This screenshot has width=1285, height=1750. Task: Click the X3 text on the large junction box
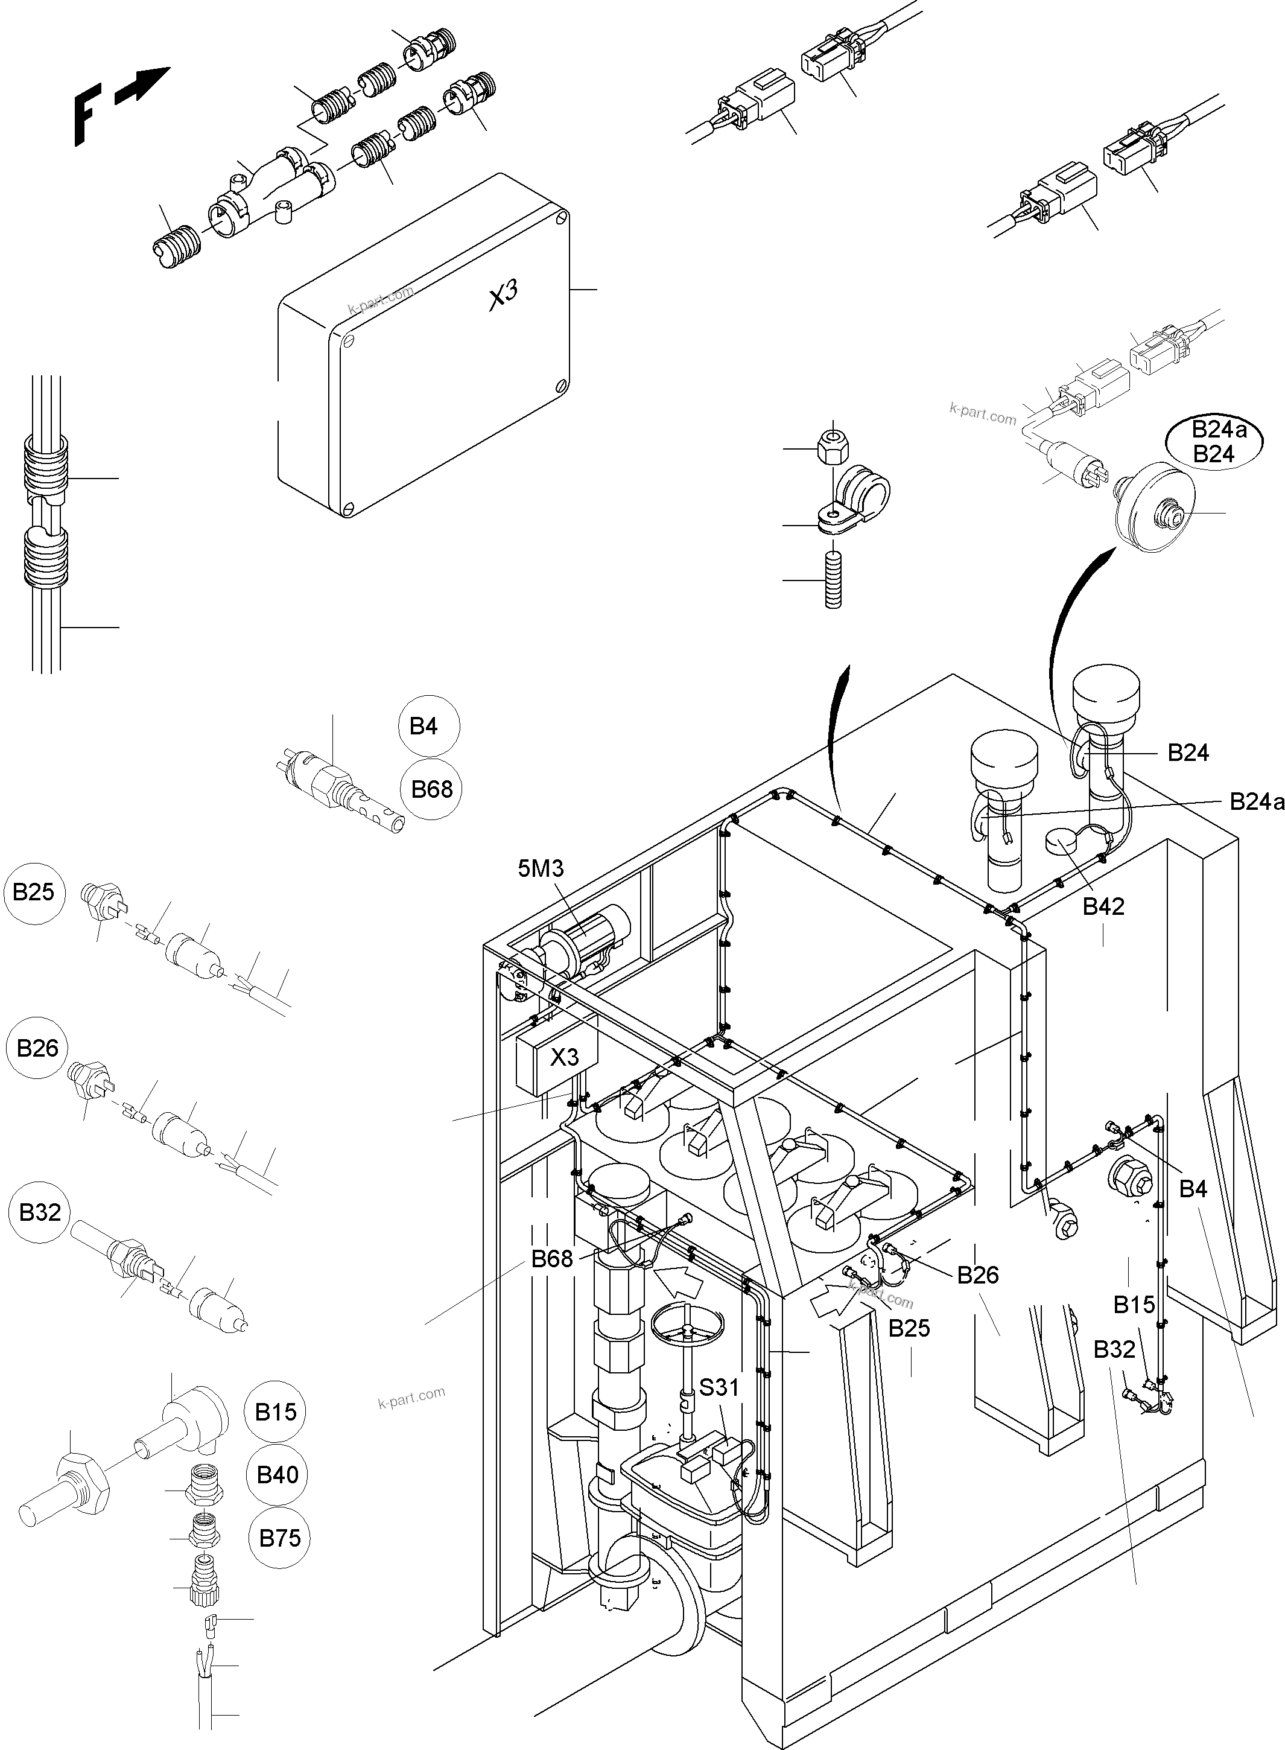point(503,296)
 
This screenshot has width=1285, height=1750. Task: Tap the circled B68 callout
point(432,789)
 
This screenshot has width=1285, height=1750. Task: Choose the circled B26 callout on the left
point(37,1048)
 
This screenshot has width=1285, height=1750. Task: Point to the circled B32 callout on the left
point(40,1212)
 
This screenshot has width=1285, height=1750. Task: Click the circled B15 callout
point(276,1411)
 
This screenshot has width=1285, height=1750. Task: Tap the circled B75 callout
point(279,1538)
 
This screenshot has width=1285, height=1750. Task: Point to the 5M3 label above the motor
point(541,868)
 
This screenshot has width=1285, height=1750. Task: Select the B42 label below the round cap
point(1103,906)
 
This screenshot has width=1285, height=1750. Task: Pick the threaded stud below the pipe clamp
point(833,580)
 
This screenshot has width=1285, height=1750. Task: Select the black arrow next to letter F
point(142,86)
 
